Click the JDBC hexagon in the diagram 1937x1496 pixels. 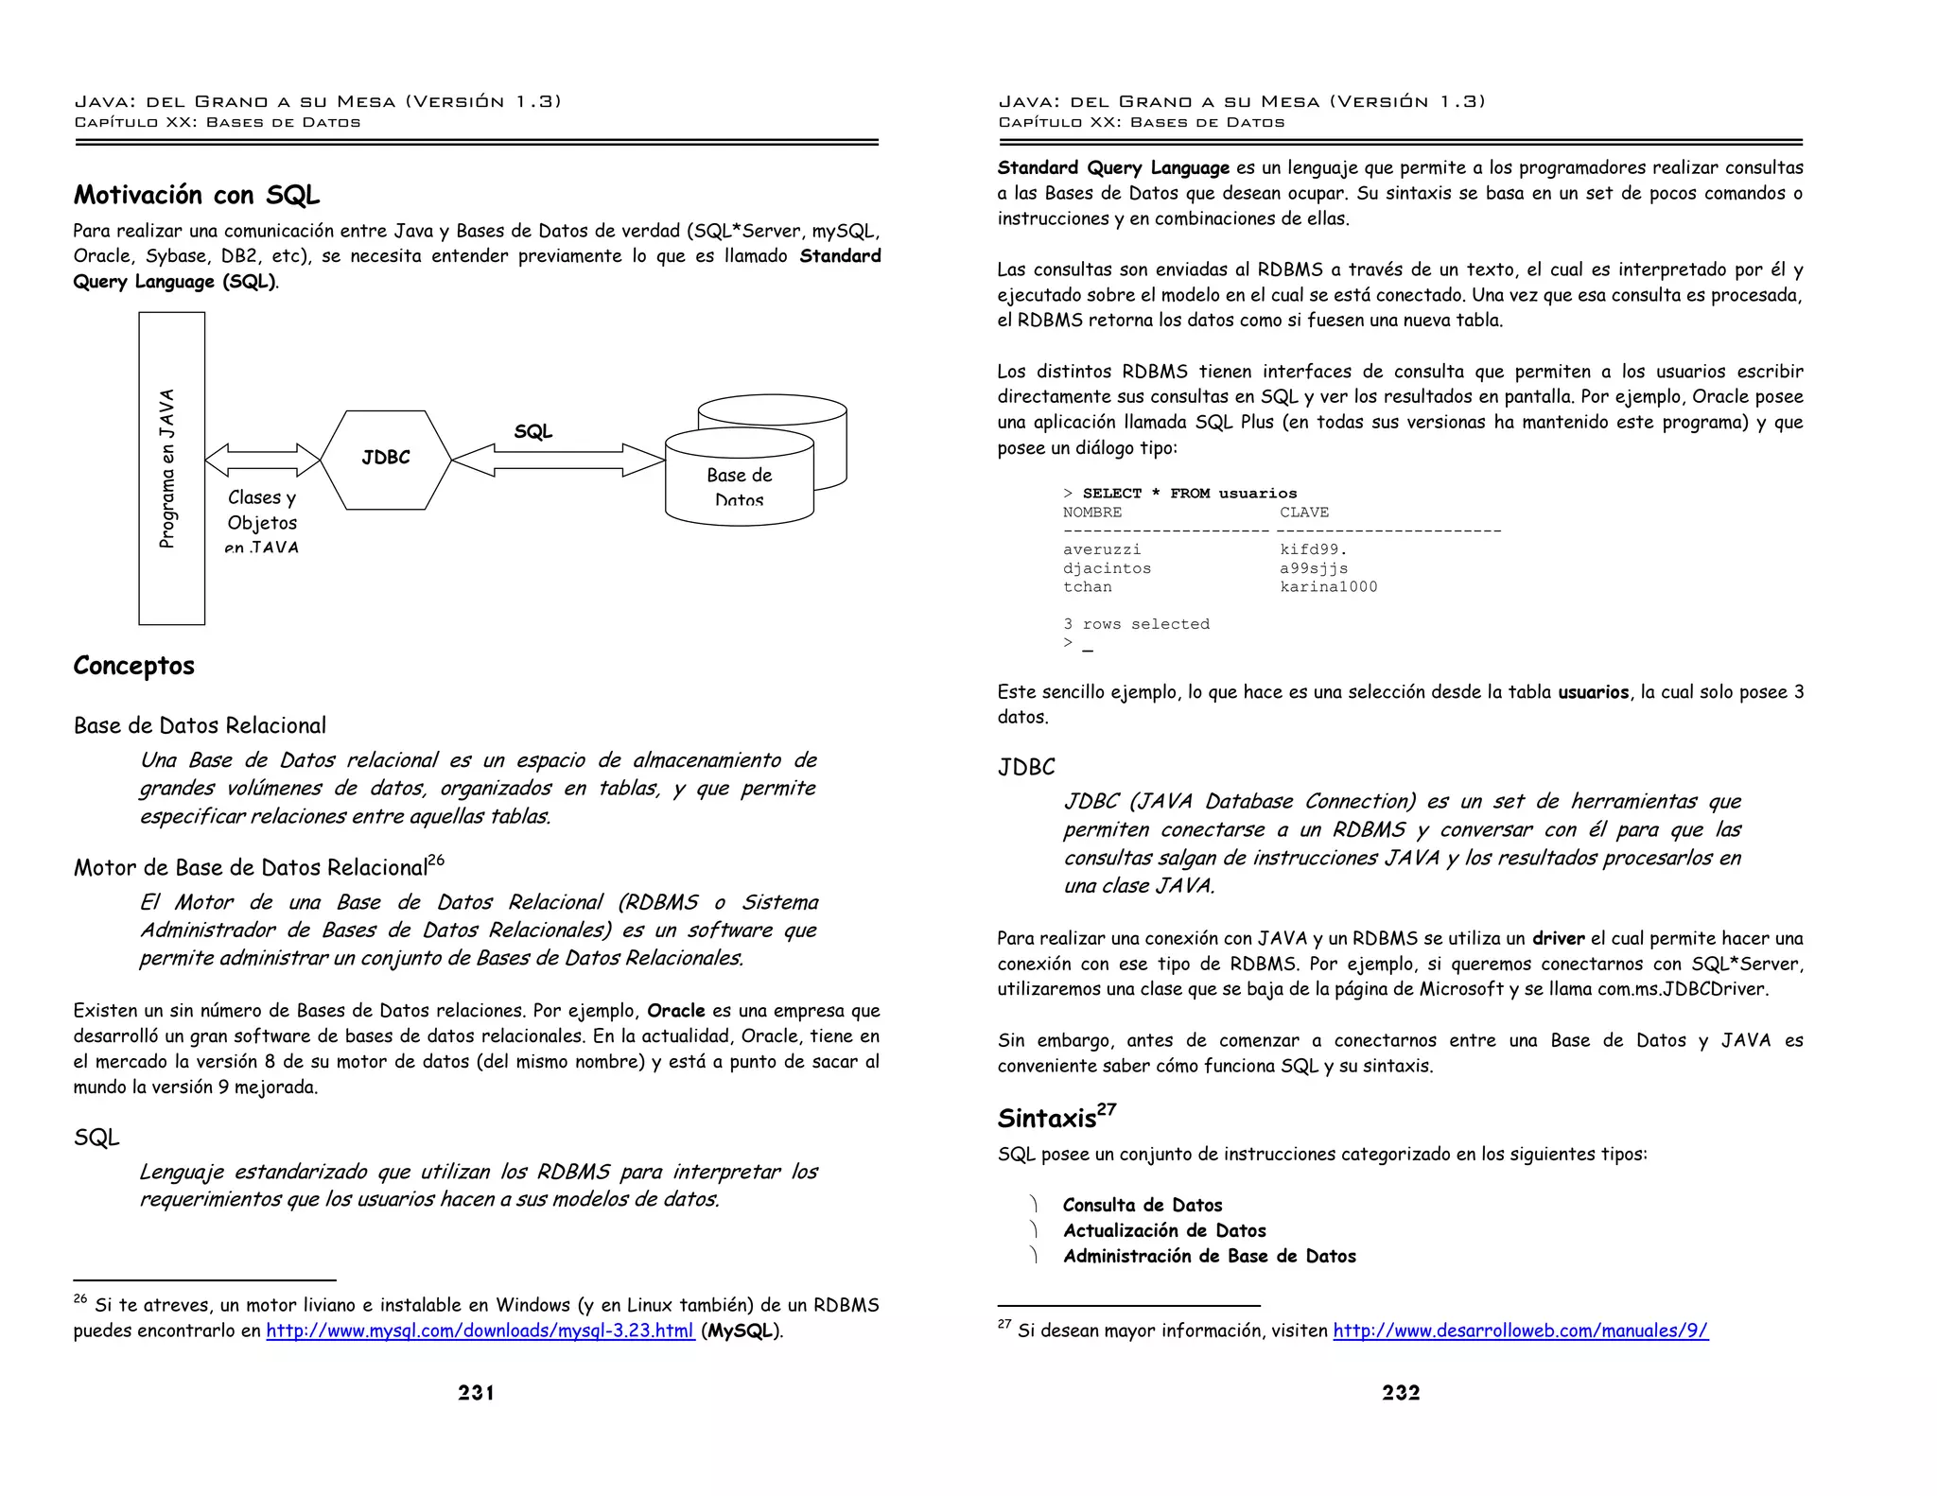pyautogui.click(x=386, y=460)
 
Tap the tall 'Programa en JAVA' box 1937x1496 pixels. pyautogui.click(x=171, y=468)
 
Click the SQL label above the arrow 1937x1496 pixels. pyautogui.click(x=532, y=431)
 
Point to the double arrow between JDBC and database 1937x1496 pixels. pyautogui.click(x=558, y=460)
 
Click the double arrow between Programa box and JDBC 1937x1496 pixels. pyautogui.click(x=262, y=460)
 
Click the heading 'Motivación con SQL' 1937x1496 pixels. pyautogui.click(x=197, y=195)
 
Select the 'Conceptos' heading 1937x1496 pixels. pyautogui.click(x=133, y=666)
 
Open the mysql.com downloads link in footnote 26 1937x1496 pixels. pyautogui.click(x=480, y=1331)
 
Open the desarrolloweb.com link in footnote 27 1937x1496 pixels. pyautogui.click(x=1520, y=1331)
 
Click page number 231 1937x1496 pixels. pyautogui.click(x=476, y=1392)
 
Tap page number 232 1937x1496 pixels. pyautogui.click(x=1401, y=1392)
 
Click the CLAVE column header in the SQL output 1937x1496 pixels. pyautogui.click(x=1303, y=513)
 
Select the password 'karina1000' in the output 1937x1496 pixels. pyautogui.click(x=1328, y=586)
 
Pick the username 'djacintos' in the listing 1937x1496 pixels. pyautogui.click(x=1107, y=568)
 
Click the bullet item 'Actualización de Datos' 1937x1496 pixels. pyautogui.click(x=1163, y=1230)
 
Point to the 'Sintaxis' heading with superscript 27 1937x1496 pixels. pyautogui.click(x=1056, y=1118)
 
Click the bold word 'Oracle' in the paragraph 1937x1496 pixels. pyautogui.click(x=675, y=1010)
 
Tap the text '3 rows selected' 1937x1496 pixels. pyautogui.click(x=1136, y=624)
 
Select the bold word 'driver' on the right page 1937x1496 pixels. pyautogui.click(x=1558, y=938)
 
